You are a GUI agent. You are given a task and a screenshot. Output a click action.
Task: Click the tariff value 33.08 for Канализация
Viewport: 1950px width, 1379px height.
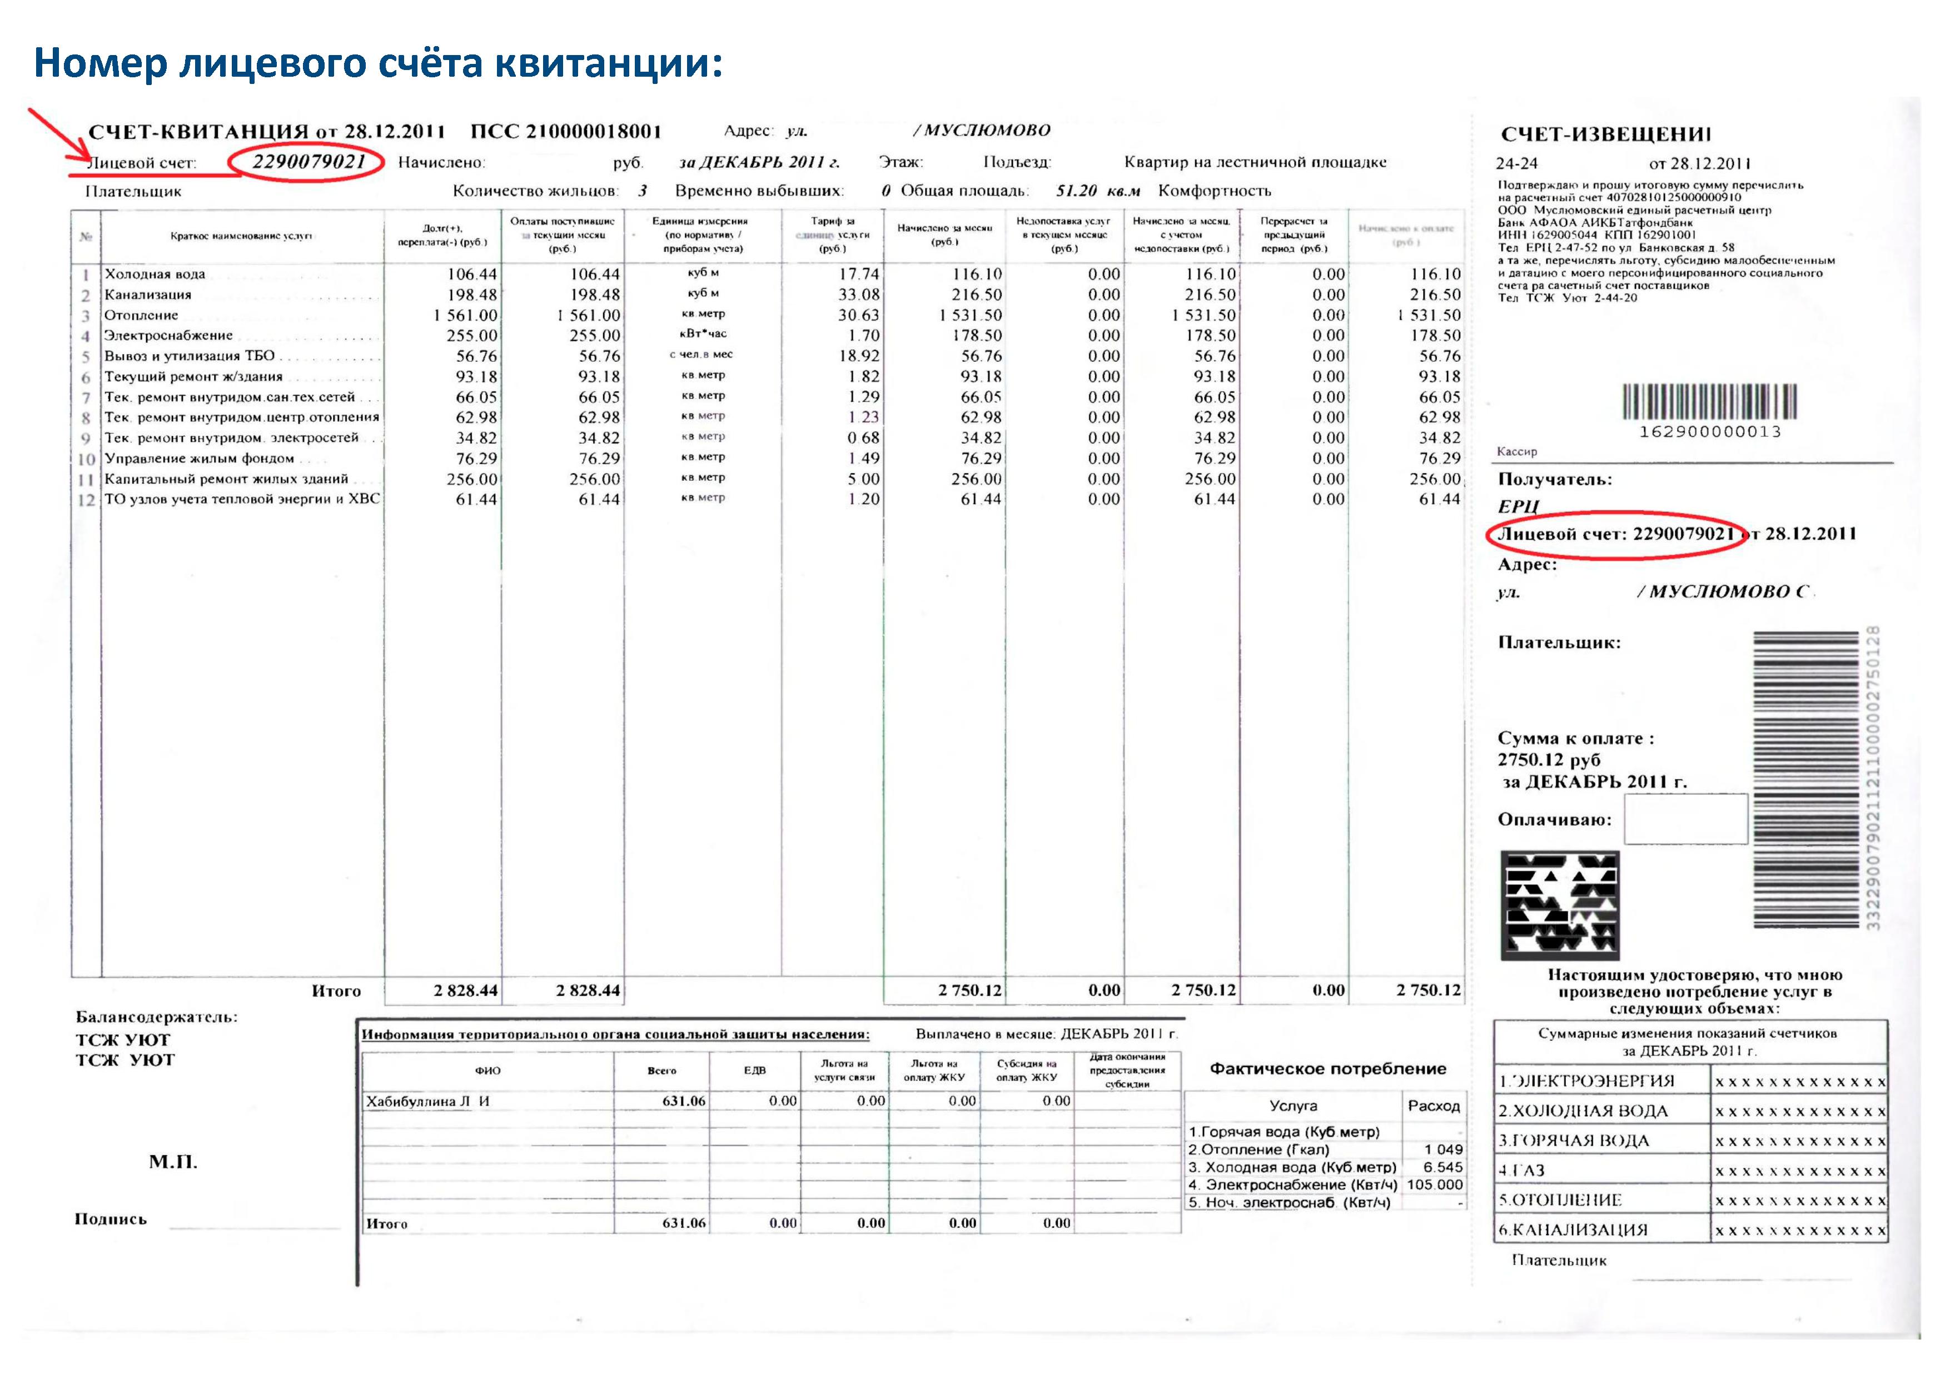[859, 295]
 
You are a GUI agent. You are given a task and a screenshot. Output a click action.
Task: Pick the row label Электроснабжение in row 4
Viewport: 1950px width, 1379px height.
[168, 335]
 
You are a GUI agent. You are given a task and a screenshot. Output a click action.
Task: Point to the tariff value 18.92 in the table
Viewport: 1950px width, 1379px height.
[859, 356]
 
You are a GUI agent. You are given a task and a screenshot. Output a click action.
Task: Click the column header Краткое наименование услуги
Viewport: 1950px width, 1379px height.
[242, 236]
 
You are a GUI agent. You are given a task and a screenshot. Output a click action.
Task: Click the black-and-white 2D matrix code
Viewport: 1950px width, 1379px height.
[1559, 905]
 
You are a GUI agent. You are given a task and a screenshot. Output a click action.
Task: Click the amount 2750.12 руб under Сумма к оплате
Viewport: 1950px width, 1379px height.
[1548, 760]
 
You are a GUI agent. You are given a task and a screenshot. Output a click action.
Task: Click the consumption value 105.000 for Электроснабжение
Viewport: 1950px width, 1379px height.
[1435, 1184]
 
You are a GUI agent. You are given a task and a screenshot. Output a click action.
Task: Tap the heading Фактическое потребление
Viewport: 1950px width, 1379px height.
[1327, 1069]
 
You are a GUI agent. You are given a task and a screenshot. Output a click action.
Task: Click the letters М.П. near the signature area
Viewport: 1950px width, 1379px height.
[173, 1162]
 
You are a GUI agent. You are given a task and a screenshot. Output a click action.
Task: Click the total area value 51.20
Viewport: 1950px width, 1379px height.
[1076, 191]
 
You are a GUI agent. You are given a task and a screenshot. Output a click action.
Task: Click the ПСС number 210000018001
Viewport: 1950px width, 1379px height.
[593, 132]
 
